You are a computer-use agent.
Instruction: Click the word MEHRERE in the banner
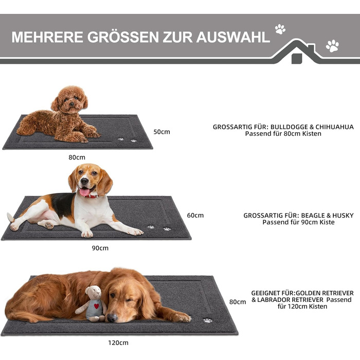[47, 37]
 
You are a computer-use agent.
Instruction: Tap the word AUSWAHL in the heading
[233, 37]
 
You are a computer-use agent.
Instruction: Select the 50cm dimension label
[161, 132]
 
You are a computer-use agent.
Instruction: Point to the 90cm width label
[100, 248]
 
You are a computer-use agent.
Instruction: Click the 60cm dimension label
[195, 215]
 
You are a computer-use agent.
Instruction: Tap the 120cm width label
[118, 343]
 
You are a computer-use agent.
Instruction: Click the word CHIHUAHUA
[334, 127]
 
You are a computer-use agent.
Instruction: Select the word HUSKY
[343, 215]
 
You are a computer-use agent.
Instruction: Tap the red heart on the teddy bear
[97, 306]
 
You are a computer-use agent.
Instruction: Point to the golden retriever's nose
[112, 318]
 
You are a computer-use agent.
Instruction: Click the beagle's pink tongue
[84, 192]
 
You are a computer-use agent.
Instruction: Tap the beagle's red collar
[92, 196]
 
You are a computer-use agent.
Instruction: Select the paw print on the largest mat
[208, 320]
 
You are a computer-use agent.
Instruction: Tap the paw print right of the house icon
[332, 46]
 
